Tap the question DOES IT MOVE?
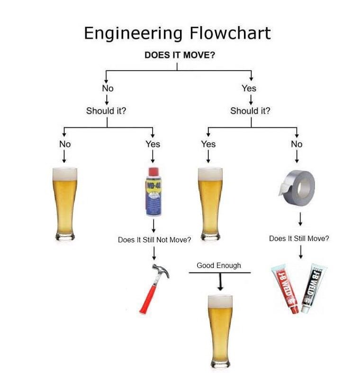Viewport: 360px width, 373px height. (180, 54)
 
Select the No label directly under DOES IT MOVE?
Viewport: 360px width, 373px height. (108, 88)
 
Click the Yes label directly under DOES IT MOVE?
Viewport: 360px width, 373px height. (249, 88)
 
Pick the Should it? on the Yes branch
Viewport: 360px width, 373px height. (251, 111)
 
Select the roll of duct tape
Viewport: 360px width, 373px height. (296, 185)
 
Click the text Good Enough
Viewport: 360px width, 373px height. (219, 266)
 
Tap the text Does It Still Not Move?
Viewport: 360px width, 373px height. (154, 240)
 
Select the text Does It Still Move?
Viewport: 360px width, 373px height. (299, 239)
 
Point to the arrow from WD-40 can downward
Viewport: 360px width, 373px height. (153, 225)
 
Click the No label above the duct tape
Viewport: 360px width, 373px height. (297, 144)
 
